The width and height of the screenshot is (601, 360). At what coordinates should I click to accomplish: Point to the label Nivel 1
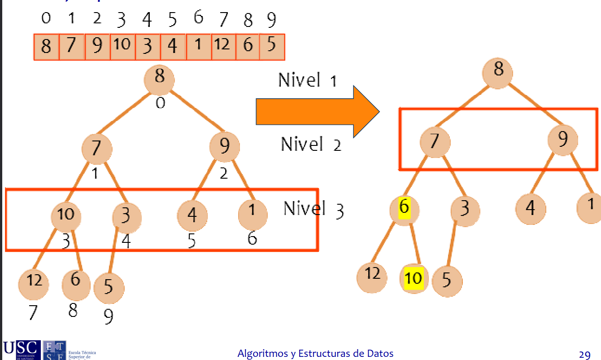(x=307, y=80)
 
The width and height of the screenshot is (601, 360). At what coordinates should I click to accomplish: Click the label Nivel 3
(x=314, y=209)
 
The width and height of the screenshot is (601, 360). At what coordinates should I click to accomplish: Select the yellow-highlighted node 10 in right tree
(x=414, y=279)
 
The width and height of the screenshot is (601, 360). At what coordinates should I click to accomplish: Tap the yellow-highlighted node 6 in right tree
(x=405, y=208)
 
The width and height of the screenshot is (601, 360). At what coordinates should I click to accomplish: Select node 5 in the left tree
(x=109, y=287)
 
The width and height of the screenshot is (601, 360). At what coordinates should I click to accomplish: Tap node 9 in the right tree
(x=562, y=140)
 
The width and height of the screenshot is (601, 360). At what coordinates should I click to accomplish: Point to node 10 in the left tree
(x=66, y=215)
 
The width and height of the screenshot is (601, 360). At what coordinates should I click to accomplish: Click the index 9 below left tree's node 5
(x=109, y=317)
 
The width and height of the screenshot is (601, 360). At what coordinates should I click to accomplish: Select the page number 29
(x=584, y=355)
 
